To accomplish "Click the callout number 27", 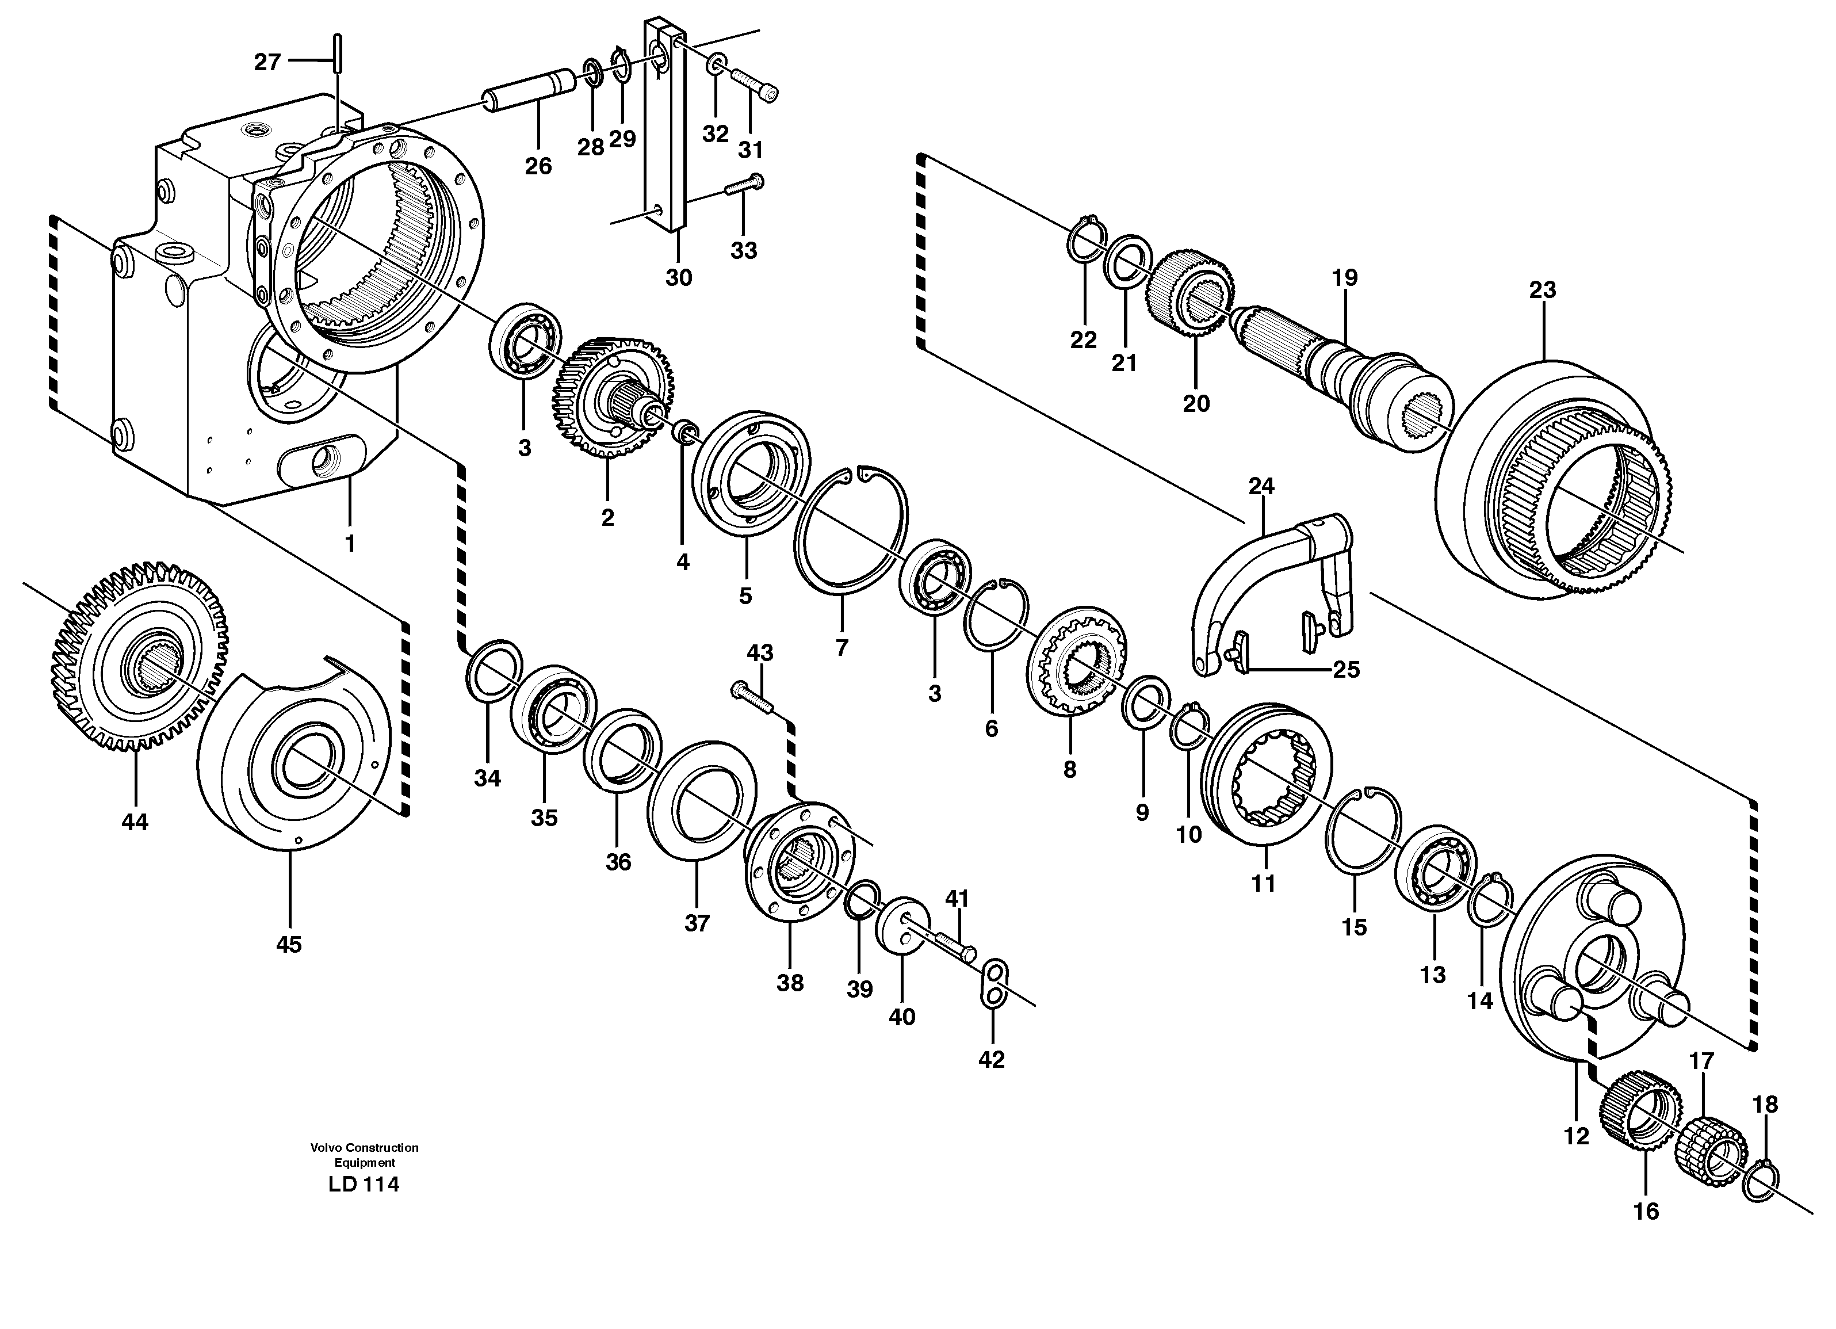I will [267, 62].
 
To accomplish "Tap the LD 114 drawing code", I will [364, 1185].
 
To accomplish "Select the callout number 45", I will [289, 944].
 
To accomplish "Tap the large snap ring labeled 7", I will [850, 526].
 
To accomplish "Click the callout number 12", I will [1576, 1136].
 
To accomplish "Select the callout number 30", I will [678, 278].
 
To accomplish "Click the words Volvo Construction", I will [364, 1148].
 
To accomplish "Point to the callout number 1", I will [350, 544].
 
